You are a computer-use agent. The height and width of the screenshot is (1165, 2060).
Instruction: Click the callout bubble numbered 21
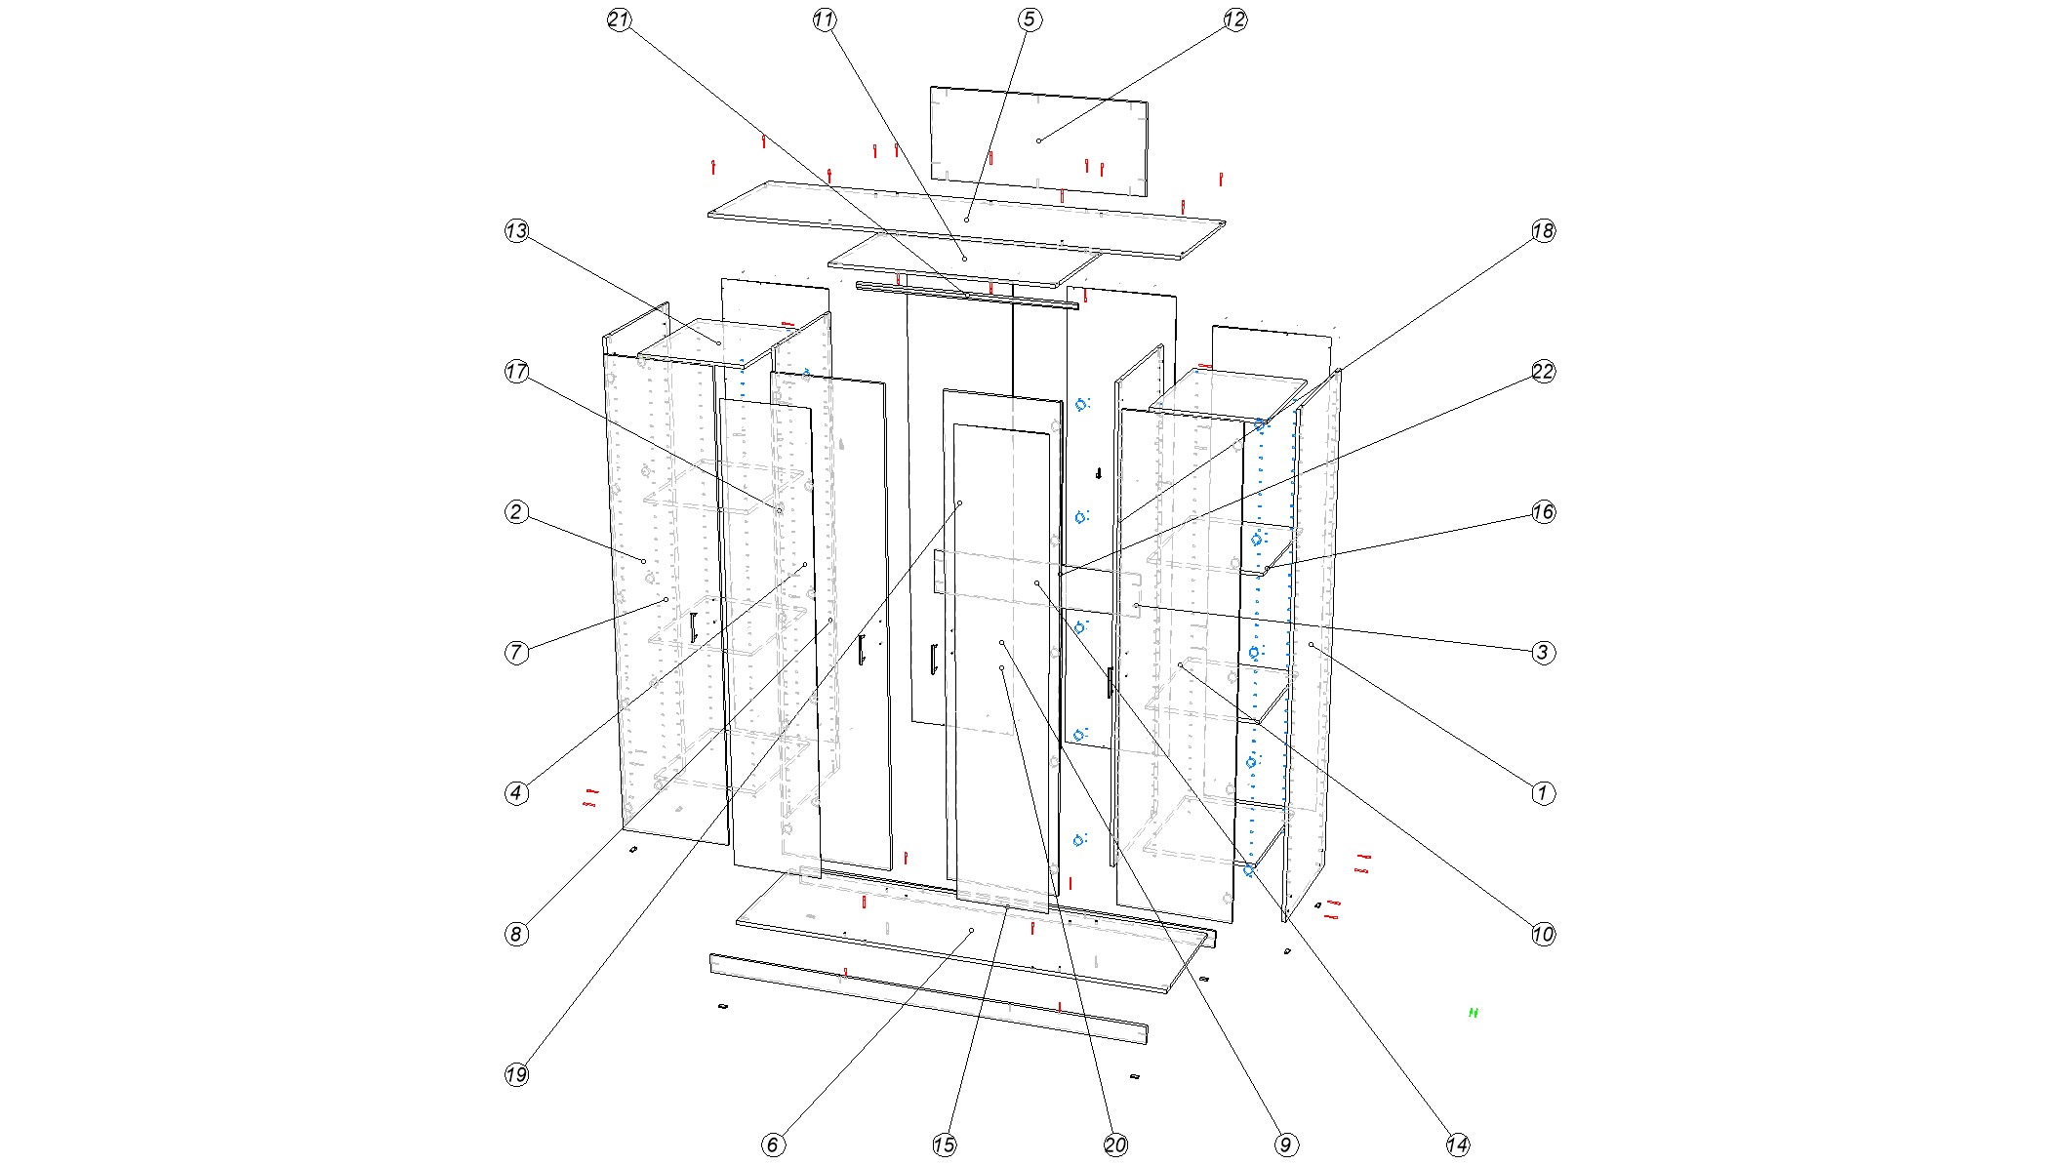[619, 20]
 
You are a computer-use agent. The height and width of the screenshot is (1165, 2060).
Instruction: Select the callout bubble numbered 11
[825, 20]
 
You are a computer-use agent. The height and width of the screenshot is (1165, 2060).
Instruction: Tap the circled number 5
[1030, 20]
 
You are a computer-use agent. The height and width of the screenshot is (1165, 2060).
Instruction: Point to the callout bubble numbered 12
[1235, 20]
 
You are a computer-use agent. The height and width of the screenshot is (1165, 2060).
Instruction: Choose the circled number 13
[516, 231]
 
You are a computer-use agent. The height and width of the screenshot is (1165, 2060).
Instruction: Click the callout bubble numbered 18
[1543, 231]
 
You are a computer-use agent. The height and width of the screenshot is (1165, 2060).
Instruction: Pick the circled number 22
[1543, 372]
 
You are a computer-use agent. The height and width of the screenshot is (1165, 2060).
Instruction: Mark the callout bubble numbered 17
[516, 372]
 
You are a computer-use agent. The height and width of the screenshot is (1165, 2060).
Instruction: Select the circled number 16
[1543, 512]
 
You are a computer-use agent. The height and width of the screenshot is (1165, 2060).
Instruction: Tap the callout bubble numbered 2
[516, 512]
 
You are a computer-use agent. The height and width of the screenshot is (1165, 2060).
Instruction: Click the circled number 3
[1543, 653]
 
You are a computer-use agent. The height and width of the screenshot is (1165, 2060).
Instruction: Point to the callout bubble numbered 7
[516, 653]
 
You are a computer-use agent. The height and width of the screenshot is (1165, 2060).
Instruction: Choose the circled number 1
[1543, 793]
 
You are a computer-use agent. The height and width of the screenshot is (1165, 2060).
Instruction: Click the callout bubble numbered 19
[516, 1074]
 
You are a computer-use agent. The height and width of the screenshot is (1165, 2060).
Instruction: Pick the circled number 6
[773, 1145]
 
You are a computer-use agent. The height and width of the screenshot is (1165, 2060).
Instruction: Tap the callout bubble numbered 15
[945, 1145]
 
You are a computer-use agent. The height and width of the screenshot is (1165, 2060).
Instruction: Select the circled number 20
[1115, 1145]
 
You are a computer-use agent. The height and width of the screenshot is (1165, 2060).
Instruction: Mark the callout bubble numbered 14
[1458, 1145]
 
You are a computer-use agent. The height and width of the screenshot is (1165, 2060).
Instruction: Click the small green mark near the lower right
[1474, 1013]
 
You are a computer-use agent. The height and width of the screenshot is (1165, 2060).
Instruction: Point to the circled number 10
[1543, 934]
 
